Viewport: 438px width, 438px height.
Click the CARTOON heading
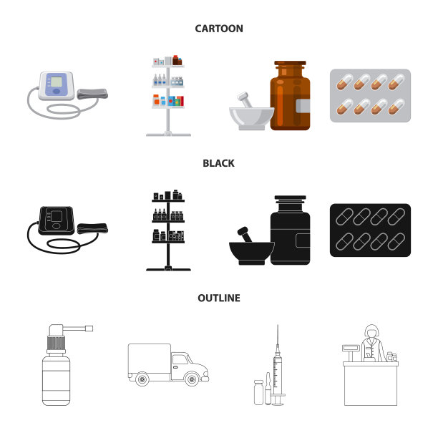pyautogui.click(x=219, y=29)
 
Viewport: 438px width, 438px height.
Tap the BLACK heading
pyautogui.click(x=218, y=163)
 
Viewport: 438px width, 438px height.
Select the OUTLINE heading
pyautogui.click(x=219, y=298)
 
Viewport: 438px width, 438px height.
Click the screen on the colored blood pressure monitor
pyautogui.click(x=57, y=82)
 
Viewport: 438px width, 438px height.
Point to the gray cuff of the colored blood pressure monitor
pyautogui.click(x=92, y=94)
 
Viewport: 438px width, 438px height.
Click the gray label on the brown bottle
pyautogui.click(x=303, y=106)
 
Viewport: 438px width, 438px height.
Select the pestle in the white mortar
pyautogui.click(x=245, y=99)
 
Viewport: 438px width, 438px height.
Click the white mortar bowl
pyautogui.click(x=252, y=118)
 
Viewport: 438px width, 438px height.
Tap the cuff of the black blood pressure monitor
pyautogui.click(x=92, y=228)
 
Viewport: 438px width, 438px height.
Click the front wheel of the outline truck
pyautogui.click(x=193, y=379)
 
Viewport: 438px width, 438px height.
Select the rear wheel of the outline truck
pyautogui.click(x=142, y=379)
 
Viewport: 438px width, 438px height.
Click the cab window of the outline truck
pyautogui.click(x=180, y=359)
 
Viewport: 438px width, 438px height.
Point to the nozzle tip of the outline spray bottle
pyautogui.click(x=89, y=328)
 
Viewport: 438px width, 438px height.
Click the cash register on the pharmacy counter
pyautogui.click(x=351, y=352)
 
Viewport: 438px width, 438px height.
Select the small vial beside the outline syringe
pyautogui.click(x=258, y=392)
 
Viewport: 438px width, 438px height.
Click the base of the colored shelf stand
pyautogui.click(x=168, y=135)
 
